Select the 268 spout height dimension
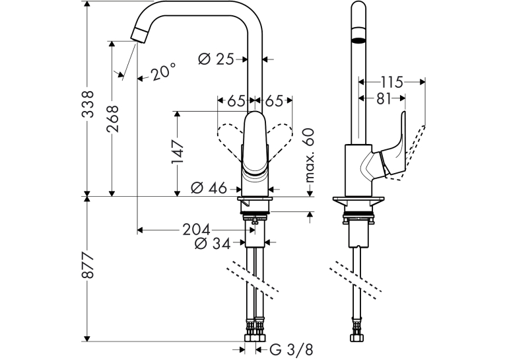click(x=113, y=119)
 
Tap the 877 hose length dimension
click(x=88, y=266)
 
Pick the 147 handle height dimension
click(x=178, y=151)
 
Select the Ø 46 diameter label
click(x=209, y=188)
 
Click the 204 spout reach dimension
click(x=196, y=230)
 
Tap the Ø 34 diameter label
click(x=213, y=244)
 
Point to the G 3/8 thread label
click(x=291, y=349)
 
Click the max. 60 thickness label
click(x=309, y=155)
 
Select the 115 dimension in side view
click(x=391, y=82)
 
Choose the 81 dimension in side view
click(x=384, y=98)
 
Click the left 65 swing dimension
click(x=236, y=101)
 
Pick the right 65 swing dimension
click(x=274, y=101)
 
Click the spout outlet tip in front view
click(x=139, y=35)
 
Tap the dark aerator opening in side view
click(x=358, y=40)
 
